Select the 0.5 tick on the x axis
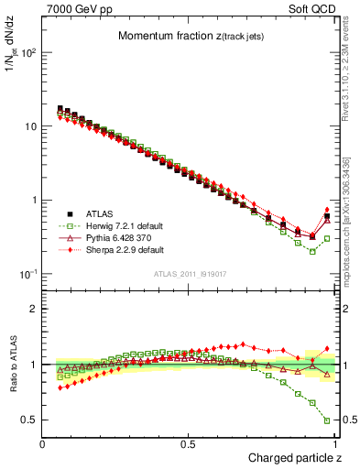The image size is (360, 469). pos(189,443)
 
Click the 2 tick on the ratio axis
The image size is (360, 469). pos(35,309)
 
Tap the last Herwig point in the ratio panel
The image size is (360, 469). pos(327,421)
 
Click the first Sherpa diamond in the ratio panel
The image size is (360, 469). pos(60,388)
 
